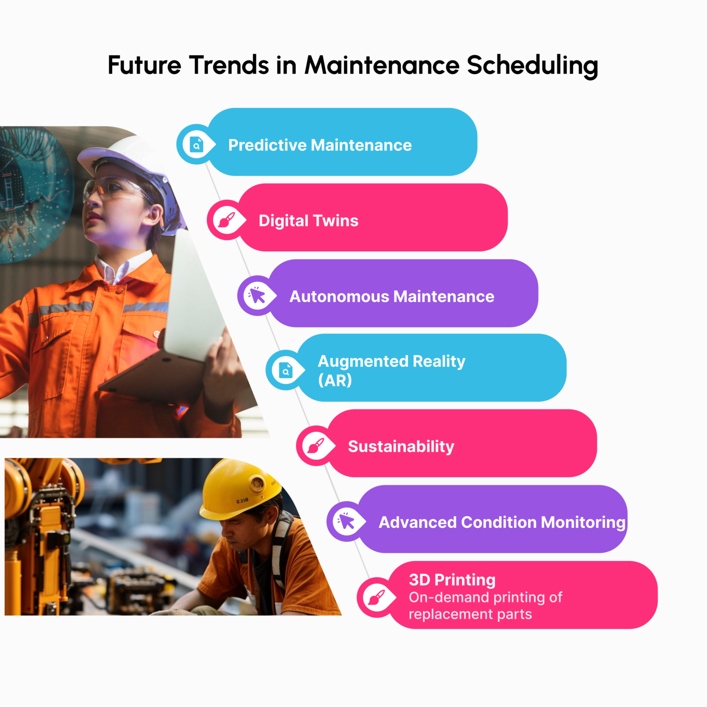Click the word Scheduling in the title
[x=532, y=65]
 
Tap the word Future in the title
[x=145, y=65]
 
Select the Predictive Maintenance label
[x=320, y=145]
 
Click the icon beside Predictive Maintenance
[x=197, y=145]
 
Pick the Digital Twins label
[x=308, y=221]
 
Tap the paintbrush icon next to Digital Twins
[x=226, y=220]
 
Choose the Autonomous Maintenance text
[x=392, y=296]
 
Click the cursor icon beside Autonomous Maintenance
[x=257, y=296]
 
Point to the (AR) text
[x=335, y=381]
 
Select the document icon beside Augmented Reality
[x=286, y=370]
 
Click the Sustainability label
[x=401, y=446]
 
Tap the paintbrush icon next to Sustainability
[x=316, y=446]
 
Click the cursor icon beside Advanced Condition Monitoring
[x=347, y=522]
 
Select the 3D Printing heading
[x=452, y=580]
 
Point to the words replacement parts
[x=470, y=614]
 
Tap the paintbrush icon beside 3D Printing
[x=377, y=598]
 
